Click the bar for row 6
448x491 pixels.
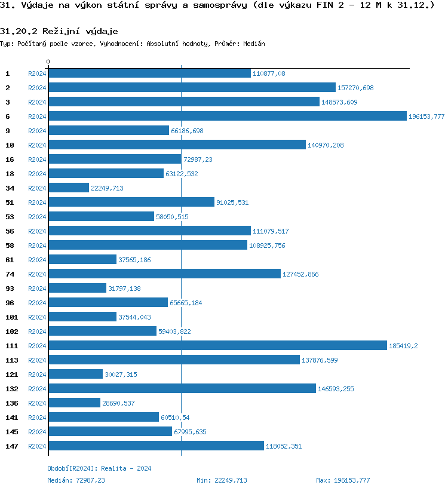(x=227, y=116)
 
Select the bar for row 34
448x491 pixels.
(x=69, y=188)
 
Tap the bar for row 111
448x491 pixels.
(x=217, y=346)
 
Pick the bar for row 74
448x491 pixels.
(x=164, y=274)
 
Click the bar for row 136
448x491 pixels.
(x=74, y=403)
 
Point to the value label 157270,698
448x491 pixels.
(x=355, y=88)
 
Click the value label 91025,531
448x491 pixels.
(x=232, y=202)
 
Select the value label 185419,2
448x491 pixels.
(x=403, y=346)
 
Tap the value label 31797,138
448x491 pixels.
(x=124, y=289)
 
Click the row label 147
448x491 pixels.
(x=11, y=446)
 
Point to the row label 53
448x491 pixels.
(x=10, y=217)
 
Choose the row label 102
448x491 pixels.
(x=11, y=332)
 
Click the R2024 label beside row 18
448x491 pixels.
(x=37, y=174)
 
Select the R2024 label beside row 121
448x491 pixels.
(x=37, y=375)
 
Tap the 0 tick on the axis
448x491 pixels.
(x=48, y=62)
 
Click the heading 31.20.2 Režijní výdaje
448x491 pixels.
(x=59, y=31)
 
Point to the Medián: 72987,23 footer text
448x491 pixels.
(x=76, y=480)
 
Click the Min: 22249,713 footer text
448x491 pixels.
(x=222, y=480)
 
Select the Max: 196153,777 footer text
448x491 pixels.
(x=343, y=480)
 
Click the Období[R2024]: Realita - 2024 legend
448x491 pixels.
(x=99, y=469)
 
